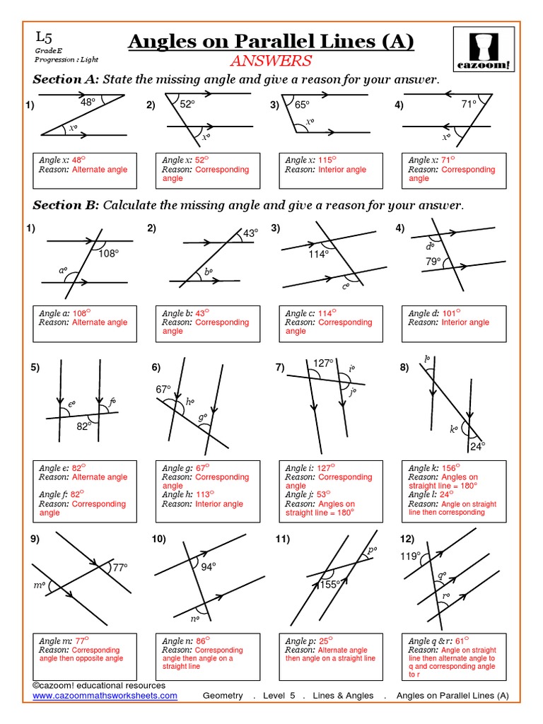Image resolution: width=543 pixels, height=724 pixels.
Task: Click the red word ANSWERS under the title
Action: click(271, 61)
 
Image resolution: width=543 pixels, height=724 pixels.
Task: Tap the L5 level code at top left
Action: click(43, 37)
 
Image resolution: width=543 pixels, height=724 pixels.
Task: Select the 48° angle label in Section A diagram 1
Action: click(88, 103)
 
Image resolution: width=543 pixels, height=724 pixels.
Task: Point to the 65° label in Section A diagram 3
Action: click(303, 105)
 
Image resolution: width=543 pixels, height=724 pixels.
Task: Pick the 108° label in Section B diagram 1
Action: click(109, 253)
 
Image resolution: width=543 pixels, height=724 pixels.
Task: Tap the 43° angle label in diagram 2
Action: click(251, 233)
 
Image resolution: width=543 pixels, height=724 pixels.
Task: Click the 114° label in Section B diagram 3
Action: click(318, 254)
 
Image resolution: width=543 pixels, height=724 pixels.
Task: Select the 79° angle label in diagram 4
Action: click(433, 262)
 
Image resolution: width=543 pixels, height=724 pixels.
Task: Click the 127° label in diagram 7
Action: click(323, 363)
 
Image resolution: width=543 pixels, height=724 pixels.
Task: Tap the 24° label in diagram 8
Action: click(479, 446)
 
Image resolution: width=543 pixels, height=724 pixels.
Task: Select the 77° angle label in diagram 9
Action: click(119, 567)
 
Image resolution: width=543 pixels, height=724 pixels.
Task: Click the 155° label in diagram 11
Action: click(330, 584)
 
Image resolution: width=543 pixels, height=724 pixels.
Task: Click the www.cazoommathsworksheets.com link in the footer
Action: click(105, 696)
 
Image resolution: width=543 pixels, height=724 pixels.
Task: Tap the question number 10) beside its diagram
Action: click(158, 539)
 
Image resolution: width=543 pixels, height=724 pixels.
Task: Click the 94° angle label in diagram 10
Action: click(208, 566)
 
